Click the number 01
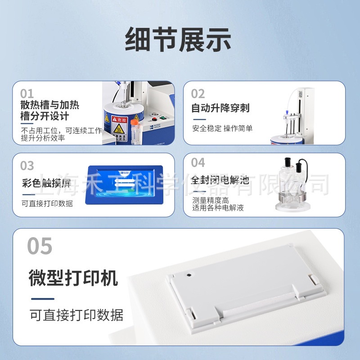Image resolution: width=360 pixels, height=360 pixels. [x=27, y=94]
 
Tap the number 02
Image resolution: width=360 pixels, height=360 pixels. [x=198, y=94]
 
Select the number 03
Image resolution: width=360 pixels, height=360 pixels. [x=27, y=166]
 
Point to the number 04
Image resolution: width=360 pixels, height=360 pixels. [x=198, y=162]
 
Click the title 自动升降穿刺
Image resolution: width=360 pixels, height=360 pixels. [x=220, y=108]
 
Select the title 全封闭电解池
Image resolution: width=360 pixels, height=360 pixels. [x=220, y=180]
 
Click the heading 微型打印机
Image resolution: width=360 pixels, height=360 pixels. [x=73, y=278]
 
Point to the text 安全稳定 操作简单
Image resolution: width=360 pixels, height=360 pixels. [x=222, y=128]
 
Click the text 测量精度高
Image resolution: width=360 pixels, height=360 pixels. [x=211, y=200]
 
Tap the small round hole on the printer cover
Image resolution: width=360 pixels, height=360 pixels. [x=189, y=274]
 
